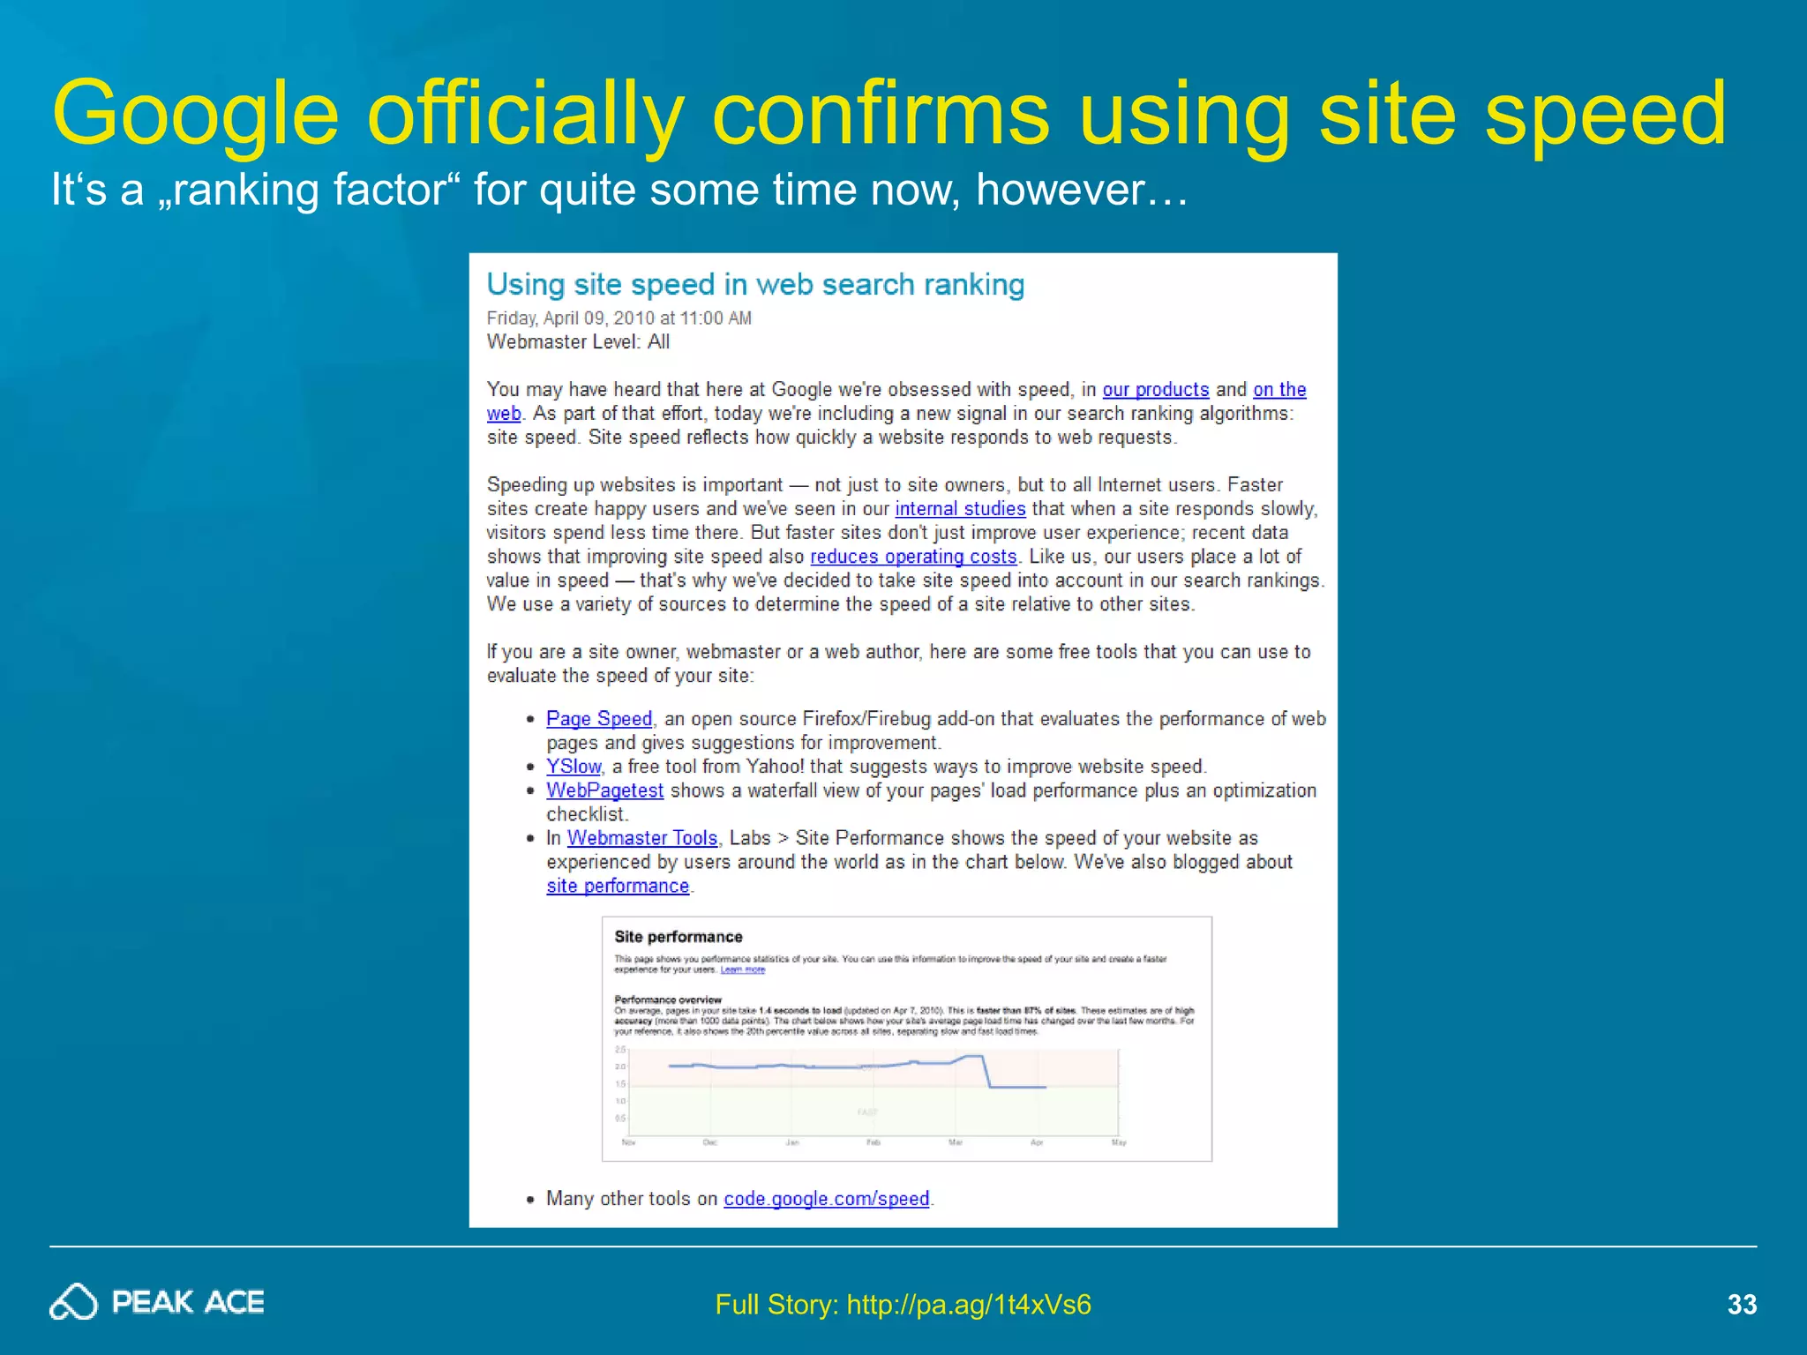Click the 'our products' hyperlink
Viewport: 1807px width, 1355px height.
[x=1155, y=390]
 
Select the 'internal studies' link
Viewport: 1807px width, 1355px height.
[x=960, y=509]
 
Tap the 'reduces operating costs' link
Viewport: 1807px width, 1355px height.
[x=913, y=557]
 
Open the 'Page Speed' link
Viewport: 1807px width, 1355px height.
[x=599, y=719]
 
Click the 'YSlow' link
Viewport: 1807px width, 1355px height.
[x=574, y=767]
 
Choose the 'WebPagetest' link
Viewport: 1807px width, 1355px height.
[x=604, y=790]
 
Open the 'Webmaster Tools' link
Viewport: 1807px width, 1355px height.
[x=642, y=838]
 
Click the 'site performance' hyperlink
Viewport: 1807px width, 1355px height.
[x=618, y=886]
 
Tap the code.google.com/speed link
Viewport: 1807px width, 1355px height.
[x=827, y=1199]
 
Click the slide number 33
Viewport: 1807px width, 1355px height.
[x=1742, y=1304]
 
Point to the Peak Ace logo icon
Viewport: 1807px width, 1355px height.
[x=73, y=1302]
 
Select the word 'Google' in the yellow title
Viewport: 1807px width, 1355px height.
[x=195, y=115]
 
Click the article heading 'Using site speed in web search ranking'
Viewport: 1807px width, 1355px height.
[x=755, y=285]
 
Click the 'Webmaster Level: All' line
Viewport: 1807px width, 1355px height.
[x=578, y=342]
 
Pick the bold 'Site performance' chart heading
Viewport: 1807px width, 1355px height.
[x=678, y=937]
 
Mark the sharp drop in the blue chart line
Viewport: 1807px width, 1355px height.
[x=986, y=1072]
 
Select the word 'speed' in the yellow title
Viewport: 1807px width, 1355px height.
[x=1605, y=115]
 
